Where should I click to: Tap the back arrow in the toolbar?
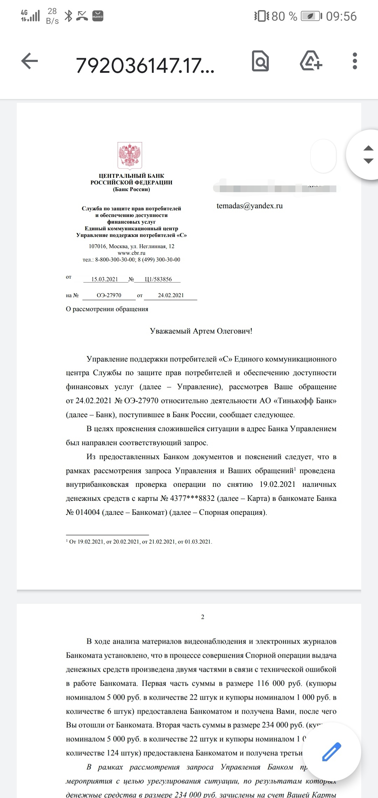click(29, 62)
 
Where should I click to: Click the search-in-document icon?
click(260, 62)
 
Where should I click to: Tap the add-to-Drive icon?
click(311, 62)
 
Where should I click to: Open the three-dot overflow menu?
click(355, 62)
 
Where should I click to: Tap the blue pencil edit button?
click(331, 752)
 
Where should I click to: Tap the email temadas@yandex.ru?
click(250, 206)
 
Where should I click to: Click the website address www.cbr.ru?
click(131, 253)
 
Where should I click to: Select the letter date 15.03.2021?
click(105, 279)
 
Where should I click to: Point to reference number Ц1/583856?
click(158, 279)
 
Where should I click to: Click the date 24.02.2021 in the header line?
click(170, 295)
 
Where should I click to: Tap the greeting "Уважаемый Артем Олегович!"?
click(201, 331)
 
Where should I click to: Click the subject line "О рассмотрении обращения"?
click(107, 309)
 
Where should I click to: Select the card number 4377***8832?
click(192, 498)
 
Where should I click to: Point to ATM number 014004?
click(88, 512)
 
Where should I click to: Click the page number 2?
click(203, 617)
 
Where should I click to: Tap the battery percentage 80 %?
click(284, 16)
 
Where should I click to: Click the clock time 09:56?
click(341, 16)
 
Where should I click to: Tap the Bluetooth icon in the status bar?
click(69, 16)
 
